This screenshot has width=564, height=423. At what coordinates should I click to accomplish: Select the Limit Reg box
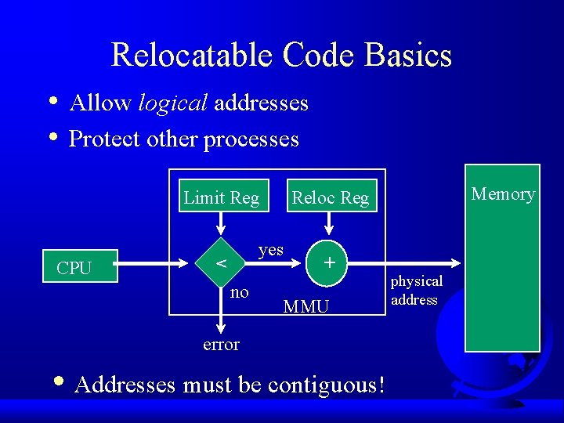pyautogui.click(x=221, y=197)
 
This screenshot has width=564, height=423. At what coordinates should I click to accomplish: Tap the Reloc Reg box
pyautogui.click(x=330, y=198)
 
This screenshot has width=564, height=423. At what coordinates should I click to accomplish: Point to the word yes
pyautogui.click(x=271, y=249)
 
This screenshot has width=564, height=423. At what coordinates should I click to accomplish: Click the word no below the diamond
pyautogui.click(x=240, y=292)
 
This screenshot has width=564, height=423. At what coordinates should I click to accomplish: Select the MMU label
pyautogui.click(x=305, y=307)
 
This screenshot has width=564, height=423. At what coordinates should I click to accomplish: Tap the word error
pyautogui.click(x=221, y=345)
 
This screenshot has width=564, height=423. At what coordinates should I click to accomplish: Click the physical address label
pyautogui.click(x=416, y=290)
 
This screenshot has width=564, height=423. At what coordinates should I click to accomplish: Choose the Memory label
pyautogui.click(x=503, y=193)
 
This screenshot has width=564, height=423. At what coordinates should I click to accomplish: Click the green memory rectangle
pyautogui.click(x=502, y=274)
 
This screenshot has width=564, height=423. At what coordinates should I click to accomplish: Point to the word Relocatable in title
pyautogui.click(x=193, y=56)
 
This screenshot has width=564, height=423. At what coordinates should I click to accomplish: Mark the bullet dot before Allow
pyautogui.click(x=52, y=101)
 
